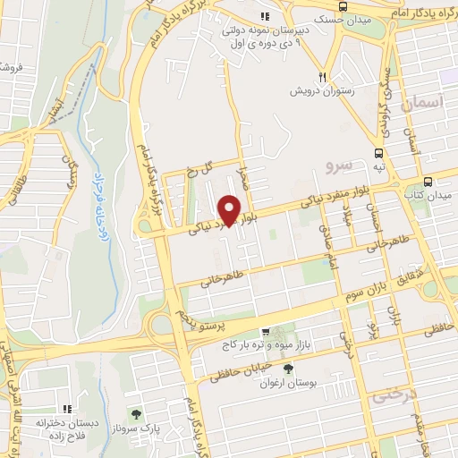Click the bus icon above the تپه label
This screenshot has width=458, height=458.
(380, 152)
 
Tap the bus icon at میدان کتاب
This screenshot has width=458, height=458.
(429, 179)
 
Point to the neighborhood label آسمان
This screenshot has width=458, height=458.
(423, 106)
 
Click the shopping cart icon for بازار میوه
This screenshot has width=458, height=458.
(265, 332)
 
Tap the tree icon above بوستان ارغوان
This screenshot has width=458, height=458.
(287, 368)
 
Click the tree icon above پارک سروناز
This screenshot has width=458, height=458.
(135, 414)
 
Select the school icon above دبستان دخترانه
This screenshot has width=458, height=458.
(64, 407)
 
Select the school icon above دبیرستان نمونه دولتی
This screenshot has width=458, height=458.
(264, 17)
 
